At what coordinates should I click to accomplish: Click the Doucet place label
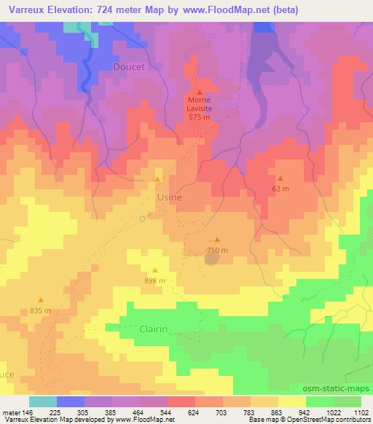click(129, 66)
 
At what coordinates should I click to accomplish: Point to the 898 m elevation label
click(155, 280)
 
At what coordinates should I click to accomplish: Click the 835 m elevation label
click(41, 310)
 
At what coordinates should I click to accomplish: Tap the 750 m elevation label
click(217, 250)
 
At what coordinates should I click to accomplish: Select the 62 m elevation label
click(280, 189)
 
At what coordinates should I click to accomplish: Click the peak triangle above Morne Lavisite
click(199, 92)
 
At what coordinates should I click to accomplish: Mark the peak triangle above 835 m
click(41, 299)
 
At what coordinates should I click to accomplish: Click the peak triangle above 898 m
click(154, 269)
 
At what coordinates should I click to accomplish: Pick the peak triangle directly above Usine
click(157, 178)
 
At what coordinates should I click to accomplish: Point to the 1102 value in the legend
click(361, 411)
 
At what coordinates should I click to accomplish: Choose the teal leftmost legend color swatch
click(43, 401)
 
